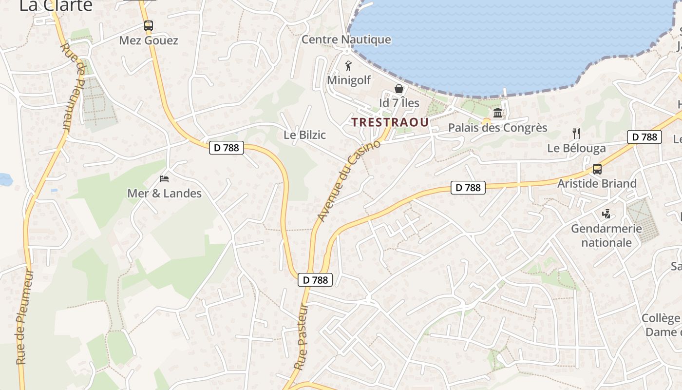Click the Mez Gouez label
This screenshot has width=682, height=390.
tap(149, 40)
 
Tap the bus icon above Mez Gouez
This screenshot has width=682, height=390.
tap(149, 26)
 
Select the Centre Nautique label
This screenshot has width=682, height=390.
tap(346, 39)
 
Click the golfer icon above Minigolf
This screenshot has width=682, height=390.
tap(348, 66)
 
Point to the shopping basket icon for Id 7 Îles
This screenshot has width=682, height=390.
tap(399, 89)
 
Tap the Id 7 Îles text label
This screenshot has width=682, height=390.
tap(399, 103)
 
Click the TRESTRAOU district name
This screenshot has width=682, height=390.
tap(390, 122)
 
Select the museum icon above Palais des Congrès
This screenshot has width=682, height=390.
tap(498, 113)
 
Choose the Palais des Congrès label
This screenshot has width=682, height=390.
tap(498, 128)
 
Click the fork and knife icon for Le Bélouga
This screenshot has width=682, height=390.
tap(576, 134)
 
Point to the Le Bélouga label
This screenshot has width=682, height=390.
tap(576, 148)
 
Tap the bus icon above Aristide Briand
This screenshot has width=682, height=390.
tap(597, 169)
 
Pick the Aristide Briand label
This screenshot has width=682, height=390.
tap(597, 184)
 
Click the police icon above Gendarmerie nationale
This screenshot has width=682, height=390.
tap(606, 214)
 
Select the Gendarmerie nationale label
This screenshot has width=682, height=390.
tap(606, 235)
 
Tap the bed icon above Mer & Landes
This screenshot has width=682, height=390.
tap(164, 179)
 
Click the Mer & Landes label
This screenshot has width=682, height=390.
tap(164, 194)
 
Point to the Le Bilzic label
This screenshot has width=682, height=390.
tap(304, 135)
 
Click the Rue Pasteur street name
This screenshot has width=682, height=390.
tap(303, 336)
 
